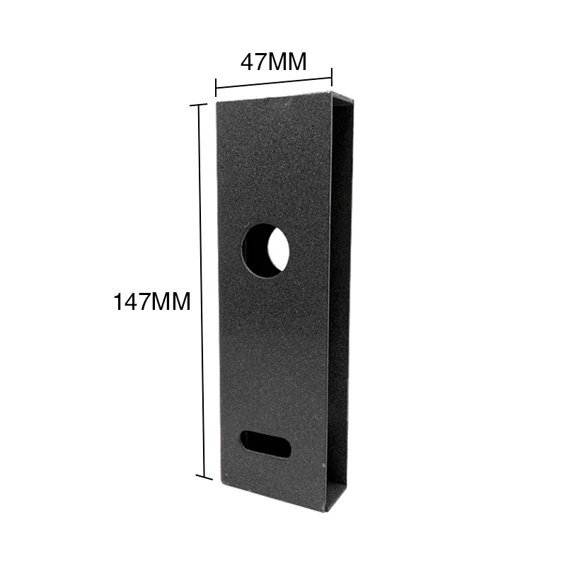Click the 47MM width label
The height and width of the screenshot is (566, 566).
point(273,62)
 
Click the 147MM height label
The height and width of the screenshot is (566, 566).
point(152,302)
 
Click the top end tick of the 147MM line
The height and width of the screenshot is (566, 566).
point(199,105)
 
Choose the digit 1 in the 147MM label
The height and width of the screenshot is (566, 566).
point(117,302)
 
